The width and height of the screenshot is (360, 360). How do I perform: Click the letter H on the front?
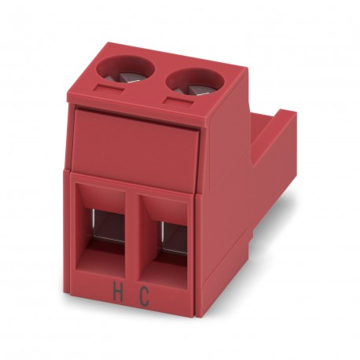[x=118, y=291]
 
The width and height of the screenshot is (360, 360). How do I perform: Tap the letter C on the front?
[x=144, y=296]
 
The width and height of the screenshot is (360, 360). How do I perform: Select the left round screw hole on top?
[x=126, y=71]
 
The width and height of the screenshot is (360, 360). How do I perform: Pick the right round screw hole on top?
[x=195, y=82]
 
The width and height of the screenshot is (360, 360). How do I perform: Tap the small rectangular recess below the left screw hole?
[x=110, y=88]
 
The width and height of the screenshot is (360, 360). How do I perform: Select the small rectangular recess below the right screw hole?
[x=179, y=101]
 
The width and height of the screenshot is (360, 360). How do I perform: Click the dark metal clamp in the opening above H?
[x=108, y=224]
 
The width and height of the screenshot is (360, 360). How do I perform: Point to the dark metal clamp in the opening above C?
[x=174, y=235]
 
